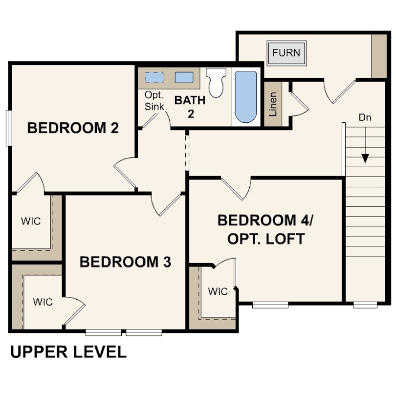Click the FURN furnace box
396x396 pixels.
[x=286, y=52]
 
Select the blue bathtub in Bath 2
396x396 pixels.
[x=245, y=97]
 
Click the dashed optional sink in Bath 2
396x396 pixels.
[x=154, y=77]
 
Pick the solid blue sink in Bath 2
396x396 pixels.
[x=184, y=77]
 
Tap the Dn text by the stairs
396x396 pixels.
[x=365, y=117]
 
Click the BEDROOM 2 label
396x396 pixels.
[x=73, y=128]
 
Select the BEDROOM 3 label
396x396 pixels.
[x=125, y=262]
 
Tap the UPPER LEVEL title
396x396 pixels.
[x=68, y=352]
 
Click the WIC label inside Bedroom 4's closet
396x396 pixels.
[x=218, y=292]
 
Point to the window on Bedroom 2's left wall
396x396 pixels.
[x=8, y=128]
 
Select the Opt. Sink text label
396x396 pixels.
[x=154, y=100]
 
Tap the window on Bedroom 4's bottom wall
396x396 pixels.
[x=270, y=305]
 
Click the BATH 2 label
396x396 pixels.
[x=190, y=107]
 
